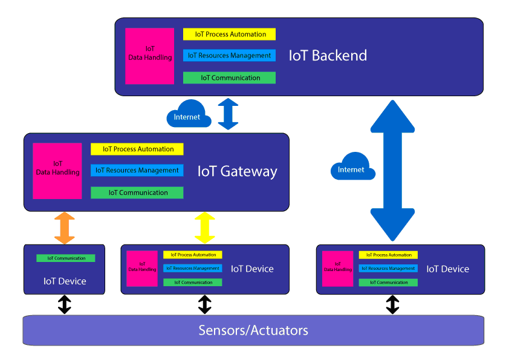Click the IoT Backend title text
[328, 56]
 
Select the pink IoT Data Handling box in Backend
[150, 56]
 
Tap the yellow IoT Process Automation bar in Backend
[229, 34]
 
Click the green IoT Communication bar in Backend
[229, 78]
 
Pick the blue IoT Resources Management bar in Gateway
[137, 171]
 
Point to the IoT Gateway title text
[237, 171]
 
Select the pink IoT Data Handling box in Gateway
[57, 171]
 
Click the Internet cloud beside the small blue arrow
[188, 114]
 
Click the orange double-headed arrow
[65, 228]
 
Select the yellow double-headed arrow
[205, 228]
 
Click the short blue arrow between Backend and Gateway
[229, 114]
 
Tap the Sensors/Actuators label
[253, 330]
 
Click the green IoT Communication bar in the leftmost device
[65, 258]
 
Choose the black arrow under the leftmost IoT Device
[65, 304]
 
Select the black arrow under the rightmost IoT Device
[393, 304]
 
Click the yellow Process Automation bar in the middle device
[192, 255]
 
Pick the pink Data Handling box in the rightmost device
[337, 269]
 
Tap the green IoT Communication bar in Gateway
[137, 192]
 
